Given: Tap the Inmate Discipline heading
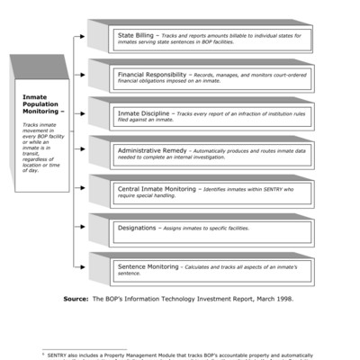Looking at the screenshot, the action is [144, 113].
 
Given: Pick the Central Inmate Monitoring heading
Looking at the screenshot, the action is [158, 190].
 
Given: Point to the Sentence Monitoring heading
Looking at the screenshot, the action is [148, 267].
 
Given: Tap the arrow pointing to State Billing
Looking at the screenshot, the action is [82, 38].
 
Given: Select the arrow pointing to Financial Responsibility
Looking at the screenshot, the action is [82, 76].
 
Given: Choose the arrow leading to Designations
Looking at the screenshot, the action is [82, 229].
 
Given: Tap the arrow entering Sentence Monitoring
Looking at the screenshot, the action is [82, 267].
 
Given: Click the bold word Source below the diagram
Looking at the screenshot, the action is [77, 298].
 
